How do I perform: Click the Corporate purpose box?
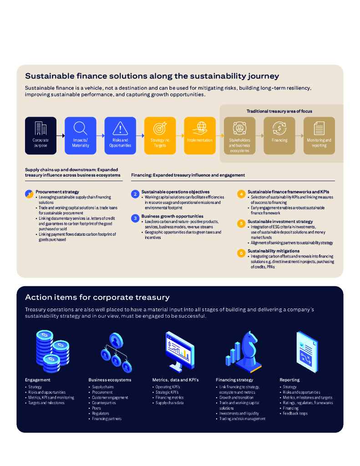click(x=41, y=135)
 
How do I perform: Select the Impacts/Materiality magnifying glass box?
click(x=81, y=135)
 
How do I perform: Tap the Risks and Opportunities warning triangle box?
click(x=120, y=135)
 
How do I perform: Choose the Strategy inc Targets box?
click(x=160, y=135)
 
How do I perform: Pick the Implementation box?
click(x=200, y=135)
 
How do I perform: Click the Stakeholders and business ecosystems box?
click(x=240, y=135)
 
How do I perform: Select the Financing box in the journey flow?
click(x=279, y=135)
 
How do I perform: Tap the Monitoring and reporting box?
click(x=319, y=135)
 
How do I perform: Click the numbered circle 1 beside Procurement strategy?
click(x=29, y=194)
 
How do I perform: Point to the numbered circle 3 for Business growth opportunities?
click(x=135, y=218)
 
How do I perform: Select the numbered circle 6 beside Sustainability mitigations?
click(x=241, y=253)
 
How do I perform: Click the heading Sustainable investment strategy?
click(x=280, y=222)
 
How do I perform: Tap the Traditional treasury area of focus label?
click(x=279, y=111)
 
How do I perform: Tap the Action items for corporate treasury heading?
click(x=97, y=297)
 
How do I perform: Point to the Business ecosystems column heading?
click(x=110, y=380)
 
